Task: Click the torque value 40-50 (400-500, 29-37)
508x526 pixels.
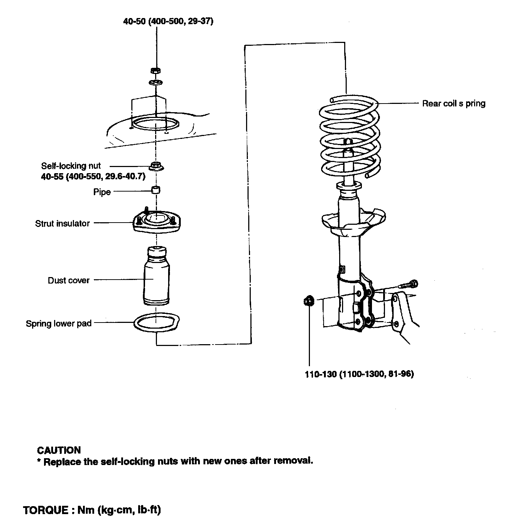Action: (x=168, y=21)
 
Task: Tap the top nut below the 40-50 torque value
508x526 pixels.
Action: (x=156, y=70)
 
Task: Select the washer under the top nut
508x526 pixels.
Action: (x=156, y=83)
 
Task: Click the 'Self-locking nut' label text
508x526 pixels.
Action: (x=71, y=166)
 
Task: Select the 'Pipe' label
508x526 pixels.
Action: (x=102, y=192)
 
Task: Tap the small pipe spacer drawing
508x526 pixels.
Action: (x=156, y=190)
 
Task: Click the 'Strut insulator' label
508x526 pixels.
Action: (x=62, y=223)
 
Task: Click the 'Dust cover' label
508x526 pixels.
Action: (x=69, y=280)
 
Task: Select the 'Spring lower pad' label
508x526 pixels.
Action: (x=58, y=323)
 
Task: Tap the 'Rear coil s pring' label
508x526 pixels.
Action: (x=454, y=104)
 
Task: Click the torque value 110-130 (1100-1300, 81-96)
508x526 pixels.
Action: (x=359, y=374)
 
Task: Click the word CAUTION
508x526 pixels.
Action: (x=59, y=450)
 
